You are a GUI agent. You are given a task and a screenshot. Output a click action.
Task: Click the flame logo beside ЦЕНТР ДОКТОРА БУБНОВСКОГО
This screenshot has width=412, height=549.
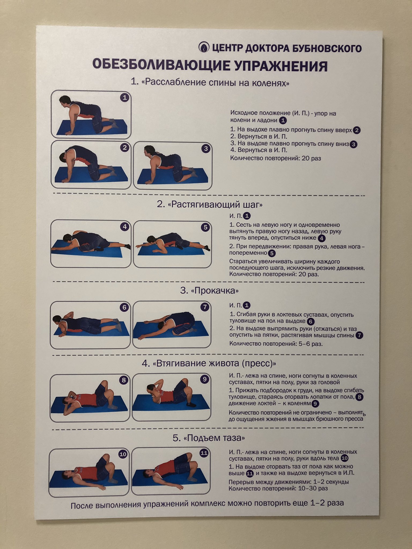tap(204, 47)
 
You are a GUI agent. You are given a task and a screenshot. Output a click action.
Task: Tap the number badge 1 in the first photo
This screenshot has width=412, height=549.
tap(124, 98)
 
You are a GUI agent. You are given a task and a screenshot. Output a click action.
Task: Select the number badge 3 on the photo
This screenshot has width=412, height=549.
tap(206, 149)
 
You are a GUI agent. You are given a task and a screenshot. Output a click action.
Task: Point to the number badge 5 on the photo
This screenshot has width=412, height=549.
tap(205, 227)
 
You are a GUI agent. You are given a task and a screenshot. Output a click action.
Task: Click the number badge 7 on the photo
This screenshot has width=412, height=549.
tap(205, 307)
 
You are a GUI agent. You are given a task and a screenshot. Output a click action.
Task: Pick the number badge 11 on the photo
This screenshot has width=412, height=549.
tap(204, 453)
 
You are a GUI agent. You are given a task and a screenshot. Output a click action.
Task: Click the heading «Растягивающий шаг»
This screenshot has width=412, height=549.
tap(210, 205)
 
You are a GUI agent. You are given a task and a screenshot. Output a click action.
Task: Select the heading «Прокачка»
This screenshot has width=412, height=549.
tap(209, 291)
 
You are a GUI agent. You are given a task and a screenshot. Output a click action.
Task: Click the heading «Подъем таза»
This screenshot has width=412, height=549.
tap(209, 438)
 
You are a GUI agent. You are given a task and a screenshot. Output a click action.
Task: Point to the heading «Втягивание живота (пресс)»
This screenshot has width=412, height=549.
tap(209, 363)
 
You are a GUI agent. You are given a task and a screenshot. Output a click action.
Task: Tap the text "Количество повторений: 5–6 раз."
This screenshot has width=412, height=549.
tap(276, 344)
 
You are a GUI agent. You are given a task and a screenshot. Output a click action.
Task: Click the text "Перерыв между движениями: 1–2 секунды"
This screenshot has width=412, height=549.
tap(289, 482)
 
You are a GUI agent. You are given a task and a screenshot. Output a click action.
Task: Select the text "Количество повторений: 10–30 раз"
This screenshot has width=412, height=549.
tap(278, 488)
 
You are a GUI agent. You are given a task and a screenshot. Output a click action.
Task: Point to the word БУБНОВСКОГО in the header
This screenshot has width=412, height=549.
tap(327, 49)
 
